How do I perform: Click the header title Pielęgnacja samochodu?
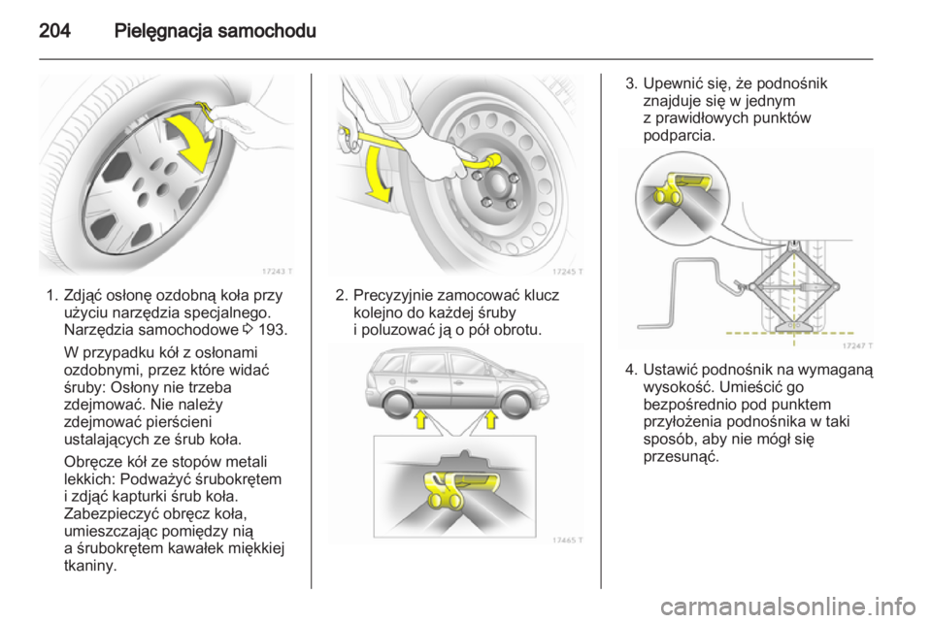click(215, 30)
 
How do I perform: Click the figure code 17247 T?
click(854, 344)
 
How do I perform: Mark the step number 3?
click(629, 84)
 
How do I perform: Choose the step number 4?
click(629, 370)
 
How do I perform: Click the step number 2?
click(340, 296)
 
